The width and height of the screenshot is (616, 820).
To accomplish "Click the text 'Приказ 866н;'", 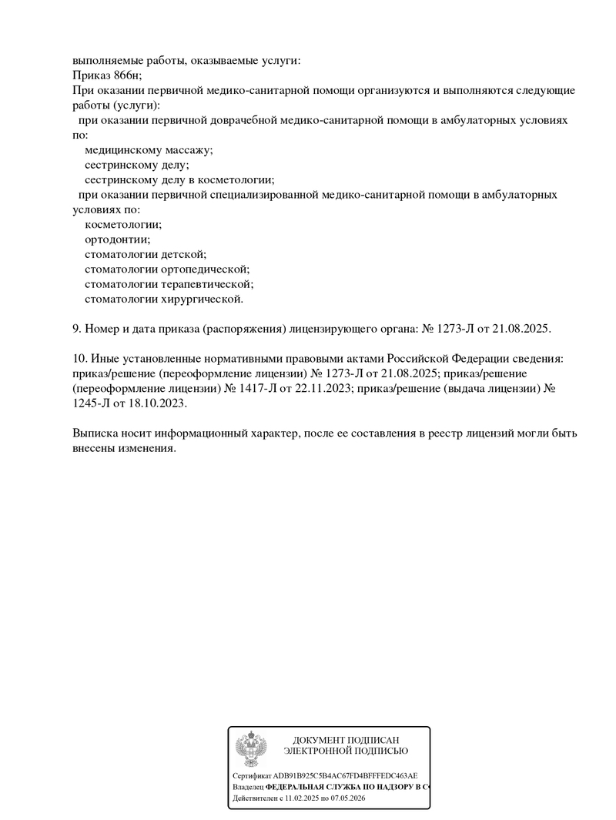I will click(x=107, y=75).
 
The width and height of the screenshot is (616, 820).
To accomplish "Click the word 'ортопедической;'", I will click(x=206, y=269).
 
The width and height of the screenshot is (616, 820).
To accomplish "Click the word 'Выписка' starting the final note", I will click(x=96, y=433).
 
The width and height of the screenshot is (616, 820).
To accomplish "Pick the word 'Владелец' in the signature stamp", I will click(x=248, y=788).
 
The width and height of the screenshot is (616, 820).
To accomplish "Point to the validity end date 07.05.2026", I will click(x=348, y=799).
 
